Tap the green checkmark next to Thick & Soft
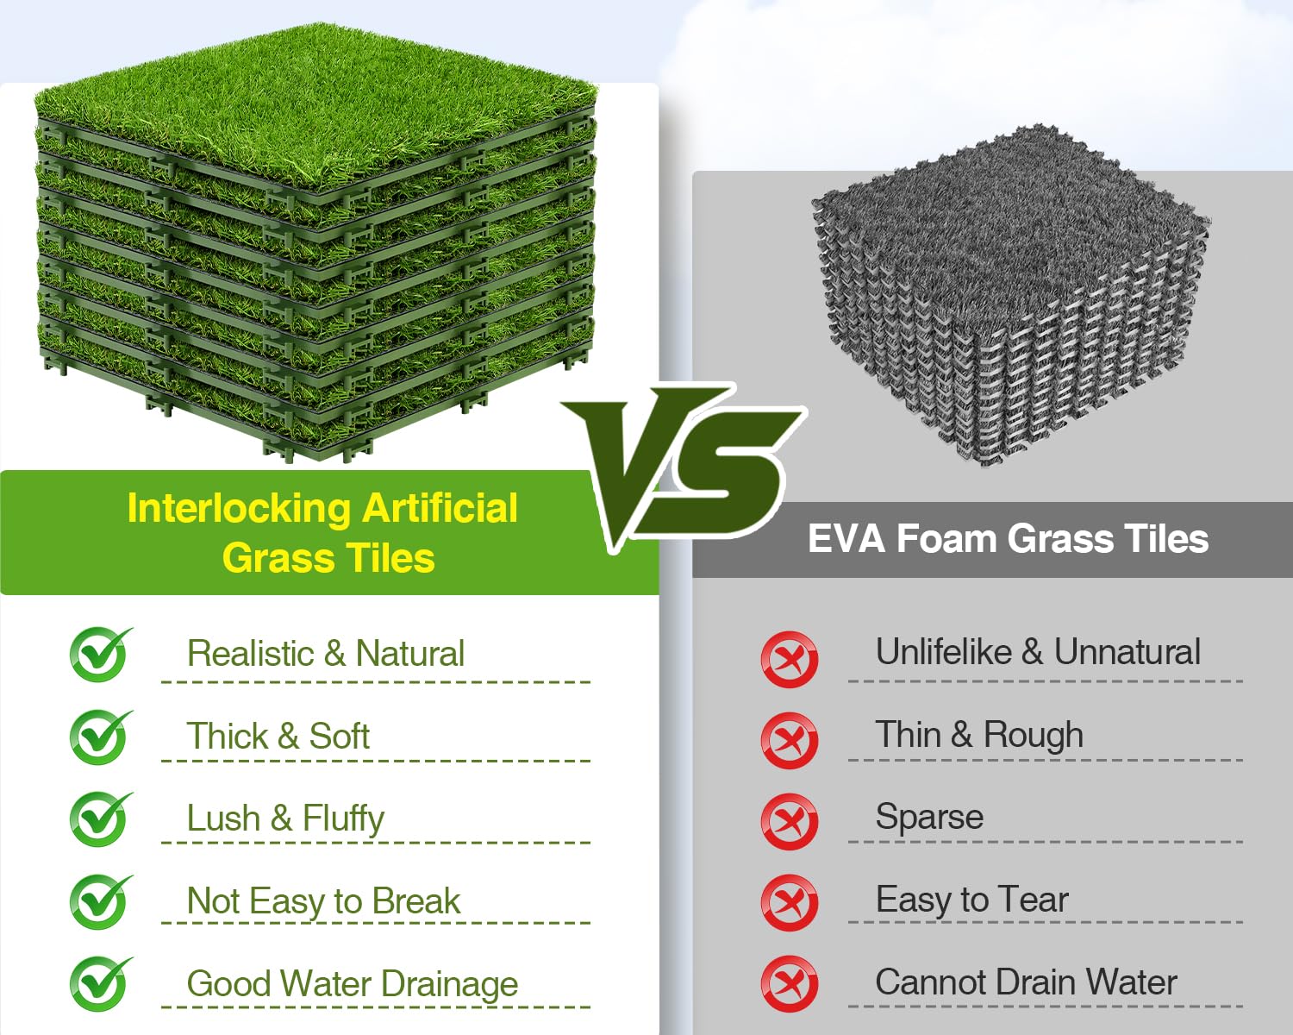coord(100,737)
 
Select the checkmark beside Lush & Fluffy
coord(100,819)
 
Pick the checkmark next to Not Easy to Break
coord(100,901)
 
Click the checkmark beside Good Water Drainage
coord(100,984)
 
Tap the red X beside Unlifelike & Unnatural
coord(790,659)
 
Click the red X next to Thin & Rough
coord(790,740)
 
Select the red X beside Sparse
coord(790,821)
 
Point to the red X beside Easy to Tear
coord(790,903)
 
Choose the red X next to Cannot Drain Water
coord(790,984)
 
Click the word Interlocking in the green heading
coord(239,510)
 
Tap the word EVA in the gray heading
coord(846,538)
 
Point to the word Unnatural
coord(1127,652)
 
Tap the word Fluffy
coord(343,819)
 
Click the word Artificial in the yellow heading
coord(440,509)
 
